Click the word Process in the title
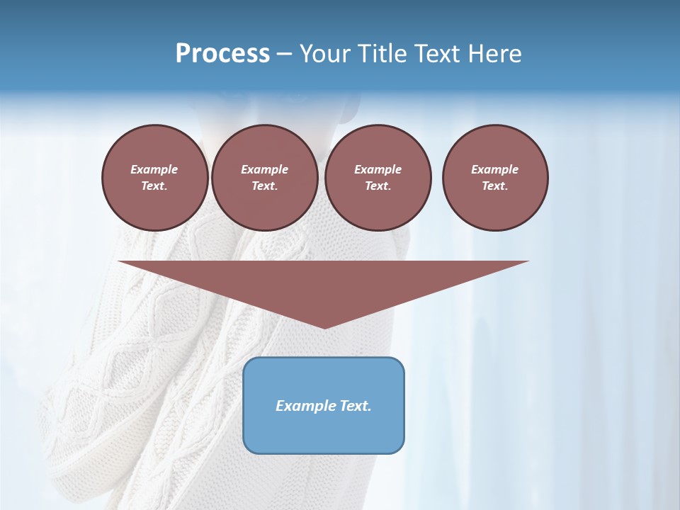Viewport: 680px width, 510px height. coord(222,53)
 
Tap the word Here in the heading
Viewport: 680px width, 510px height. coord(495,53)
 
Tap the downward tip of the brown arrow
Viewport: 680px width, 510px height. coord(324,325)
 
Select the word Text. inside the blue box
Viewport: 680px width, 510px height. coord(353,406)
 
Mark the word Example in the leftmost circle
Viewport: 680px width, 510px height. coord(154,169)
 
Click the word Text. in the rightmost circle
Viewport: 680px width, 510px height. coord(495,186)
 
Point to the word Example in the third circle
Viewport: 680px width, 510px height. coord(378,169)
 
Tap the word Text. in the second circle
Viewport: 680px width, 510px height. coord(265,186)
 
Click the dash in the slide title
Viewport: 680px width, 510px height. coord(285,54)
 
